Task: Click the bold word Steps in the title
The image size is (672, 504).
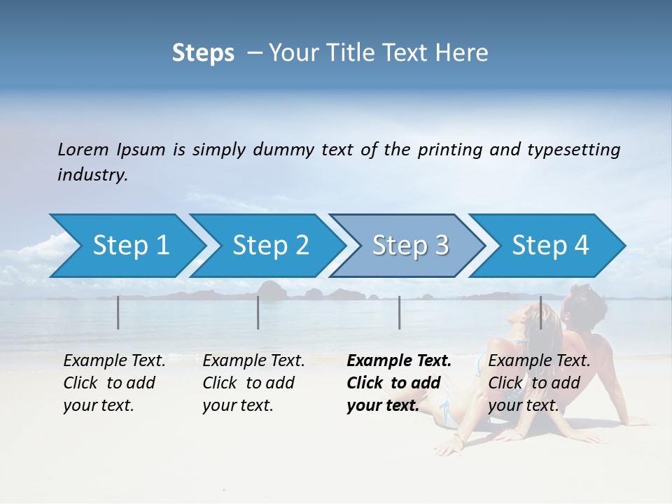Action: tap(203, 53)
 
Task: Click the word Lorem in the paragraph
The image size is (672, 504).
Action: tap(83, 149)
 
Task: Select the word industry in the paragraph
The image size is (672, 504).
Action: tap(92, 175)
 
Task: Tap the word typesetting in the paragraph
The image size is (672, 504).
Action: tap(573, 149)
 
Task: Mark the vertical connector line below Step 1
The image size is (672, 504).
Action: tap(118, 312)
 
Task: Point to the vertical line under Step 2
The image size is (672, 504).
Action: tap(258, 312)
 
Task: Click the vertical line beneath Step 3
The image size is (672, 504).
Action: tap(399, 312)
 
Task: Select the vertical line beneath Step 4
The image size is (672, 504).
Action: tap(540, 312)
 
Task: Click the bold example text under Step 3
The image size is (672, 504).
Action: tap(398, 383)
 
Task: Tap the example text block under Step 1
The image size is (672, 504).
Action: tap(114, 383)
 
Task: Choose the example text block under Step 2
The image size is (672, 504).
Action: tap(253, 383)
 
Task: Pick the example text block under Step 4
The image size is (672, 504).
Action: tap(539, 383)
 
